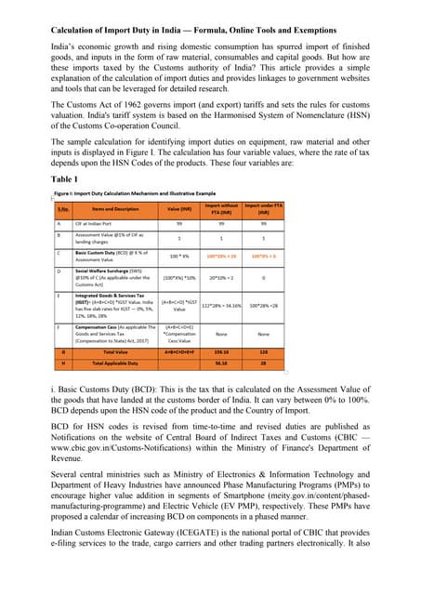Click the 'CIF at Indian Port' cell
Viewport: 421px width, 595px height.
point(102,223)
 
